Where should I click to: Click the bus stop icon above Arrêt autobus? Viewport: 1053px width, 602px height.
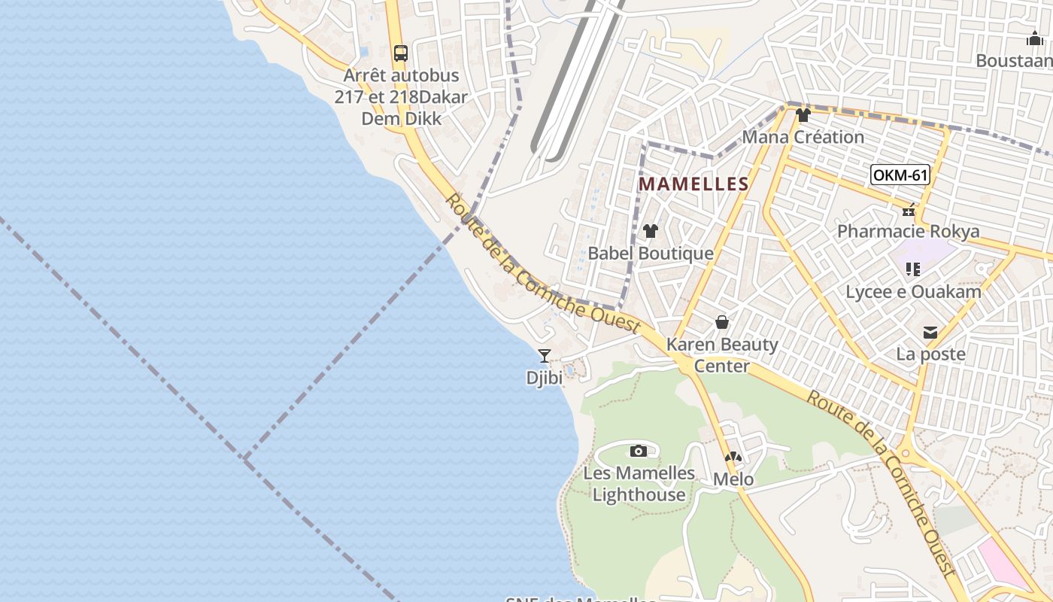click(x=401, y=53)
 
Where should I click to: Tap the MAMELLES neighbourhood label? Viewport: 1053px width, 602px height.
click(x=693, y=184)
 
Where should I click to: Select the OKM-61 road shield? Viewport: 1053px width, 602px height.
click(x=900, y=176)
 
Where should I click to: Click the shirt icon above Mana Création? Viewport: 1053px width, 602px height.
click(x=803, y=115)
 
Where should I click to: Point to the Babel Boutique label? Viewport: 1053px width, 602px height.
click(x=651, y=253)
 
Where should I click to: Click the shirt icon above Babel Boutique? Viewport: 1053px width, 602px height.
click(x=651, y=231)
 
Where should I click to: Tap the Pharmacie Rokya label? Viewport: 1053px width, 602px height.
click(x=908, y=230)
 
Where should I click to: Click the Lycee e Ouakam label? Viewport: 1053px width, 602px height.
click(x=913, y=291)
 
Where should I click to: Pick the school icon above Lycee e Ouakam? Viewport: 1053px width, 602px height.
click(x=913, y=269)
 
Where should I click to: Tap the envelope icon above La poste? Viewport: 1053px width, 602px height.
click(x=930, y=332)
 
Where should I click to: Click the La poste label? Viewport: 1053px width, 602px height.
click(x=930, y=353)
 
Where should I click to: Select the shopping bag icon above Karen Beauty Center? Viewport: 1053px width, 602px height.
click(x=722, y=323)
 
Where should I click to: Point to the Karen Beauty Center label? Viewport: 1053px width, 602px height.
click(x=722, y=355)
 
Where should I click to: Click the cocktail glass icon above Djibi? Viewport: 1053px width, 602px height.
click(x=545, y=356)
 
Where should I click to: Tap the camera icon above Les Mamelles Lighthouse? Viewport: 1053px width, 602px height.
click(x=639, y=451)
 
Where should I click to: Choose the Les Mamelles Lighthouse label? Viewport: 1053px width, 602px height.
click(x=639, y=483)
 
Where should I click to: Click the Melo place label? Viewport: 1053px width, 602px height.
click(x=733, y=479)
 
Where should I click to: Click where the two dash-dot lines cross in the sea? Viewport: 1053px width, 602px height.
click(x=244, y=458)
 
